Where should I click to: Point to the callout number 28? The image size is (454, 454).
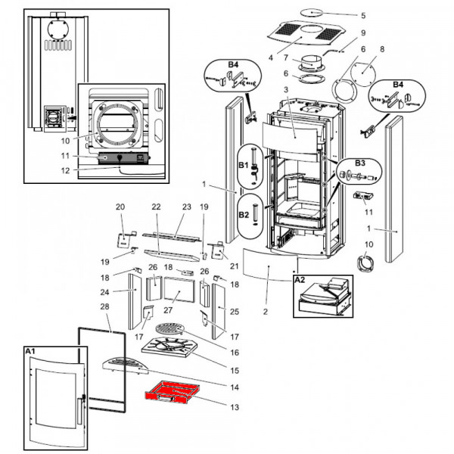(104, 306)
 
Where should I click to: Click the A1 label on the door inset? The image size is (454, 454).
(31, 352)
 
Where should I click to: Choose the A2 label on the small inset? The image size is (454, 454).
(299, 278)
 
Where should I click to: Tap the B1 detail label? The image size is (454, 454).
(244, 163)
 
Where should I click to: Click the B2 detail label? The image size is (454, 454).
(244, 214)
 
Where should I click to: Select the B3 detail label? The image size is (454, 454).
(359, 162)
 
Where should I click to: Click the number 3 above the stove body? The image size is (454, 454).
(285, 91)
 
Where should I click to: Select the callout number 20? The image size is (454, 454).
(120, 207)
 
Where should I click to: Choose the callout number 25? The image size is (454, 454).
(235, 311)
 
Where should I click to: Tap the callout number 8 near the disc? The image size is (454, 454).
(381, 49)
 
